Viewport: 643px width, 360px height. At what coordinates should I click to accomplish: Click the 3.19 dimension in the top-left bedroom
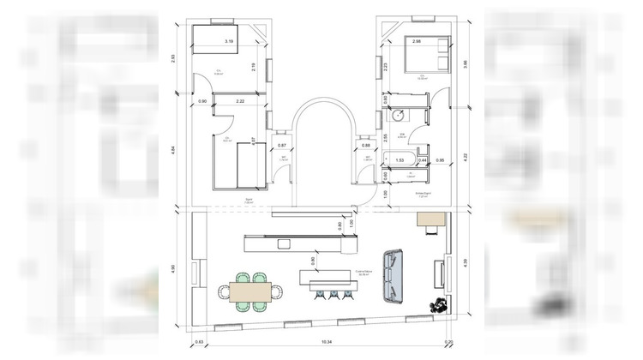[229, 41]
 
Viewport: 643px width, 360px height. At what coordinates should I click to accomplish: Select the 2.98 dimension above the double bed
[417, 42]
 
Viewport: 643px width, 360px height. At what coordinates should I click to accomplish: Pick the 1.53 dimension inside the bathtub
[400, 159]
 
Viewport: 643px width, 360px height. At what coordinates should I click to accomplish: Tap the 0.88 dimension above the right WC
[365, 145]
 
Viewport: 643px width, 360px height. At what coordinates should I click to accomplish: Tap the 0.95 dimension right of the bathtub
[440, 160]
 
